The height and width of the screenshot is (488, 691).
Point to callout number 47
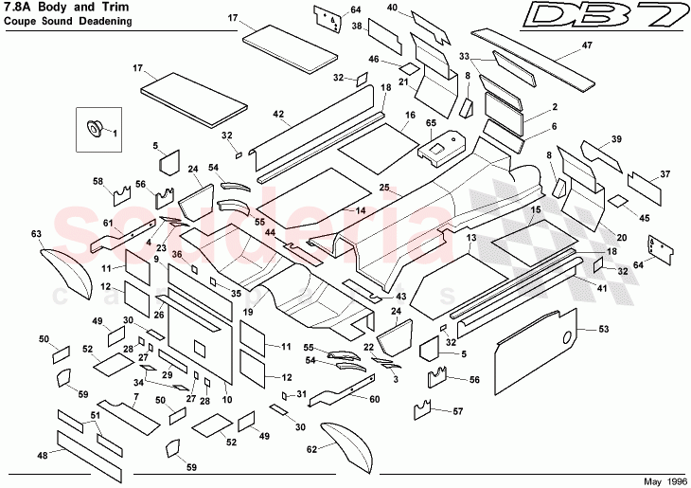pyautogui.click(x=587, y=45)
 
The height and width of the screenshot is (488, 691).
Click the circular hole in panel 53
pyautogui.click(x=566, y=336)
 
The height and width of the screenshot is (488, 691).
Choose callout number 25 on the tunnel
pyautogui.click(x=384, y=189)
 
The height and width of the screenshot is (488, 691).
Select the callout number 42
pyautogui.click(x=278, y=114)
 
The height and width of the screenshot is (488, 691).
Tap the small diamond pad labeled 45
pyautogui.click(x=617, y=201)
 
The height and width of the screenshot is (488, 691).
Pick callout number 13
pyautogui.click(x=470, y=241)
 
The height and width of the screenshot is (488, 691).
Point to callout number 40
pyautogui.click(x=392, y=8)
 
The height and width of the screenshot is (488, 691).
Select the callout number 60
pyautogui.click(x=375, y=400)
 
